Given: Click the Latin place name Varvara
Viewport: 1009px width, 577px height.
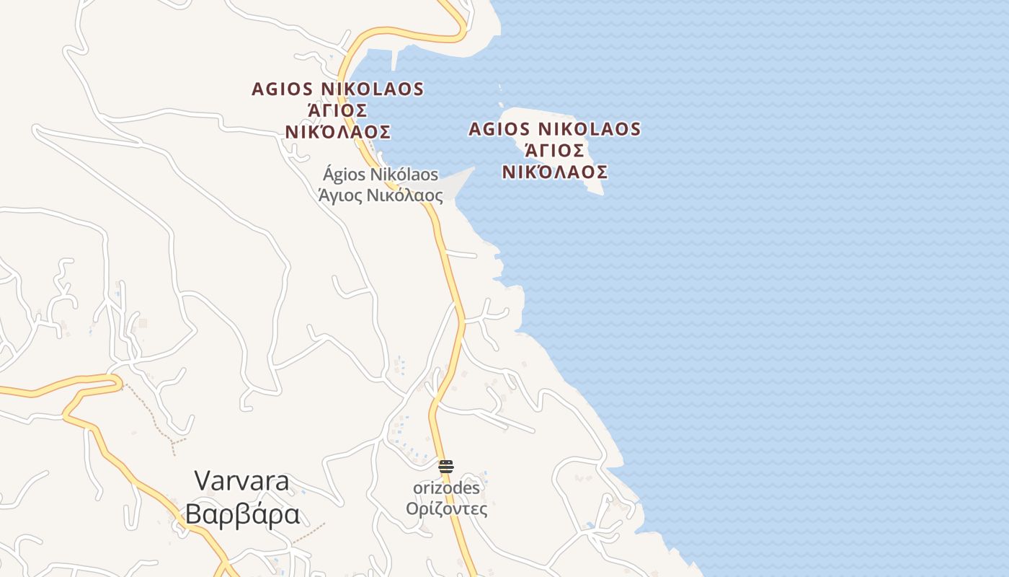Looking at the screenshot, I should click(241, 482).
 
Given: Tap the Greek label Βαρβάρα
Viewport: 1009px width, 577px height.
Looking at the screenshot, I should click(241, 515).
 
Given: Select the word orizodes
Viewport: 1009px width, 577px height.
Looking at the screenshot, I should click(446, 488).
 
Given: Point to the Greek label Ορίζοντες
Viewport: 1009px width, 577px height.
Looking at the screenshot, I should click(446, 509).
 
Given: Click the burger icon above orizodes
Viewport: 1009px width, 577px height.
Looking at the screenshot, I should click(446, 467).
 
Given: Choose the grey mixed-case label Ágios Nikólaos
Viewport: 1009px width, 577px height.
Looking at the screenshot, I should click(380, 175).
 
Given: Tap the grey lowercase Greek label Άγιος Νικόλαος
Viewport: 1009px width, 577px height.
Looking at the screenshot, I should click(380, 195).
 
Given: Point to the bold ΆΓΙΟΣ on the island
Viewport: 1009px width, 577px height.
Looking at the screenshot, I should click(554, 151).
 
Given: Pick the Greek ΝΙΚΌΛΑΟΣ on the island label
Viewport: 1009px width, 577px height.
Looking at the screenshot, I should click(554, 172).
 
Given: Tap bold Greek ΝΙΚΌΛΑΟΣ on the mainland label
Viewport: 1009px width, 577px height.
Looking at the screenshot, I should click(338, 132).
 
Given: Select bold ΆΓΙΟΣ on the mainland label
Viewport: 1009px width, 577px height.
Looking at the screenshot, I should click(338, 110).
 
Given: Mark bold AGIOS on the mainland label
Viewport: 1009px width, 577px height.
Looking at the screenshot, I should click(283, 89).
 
